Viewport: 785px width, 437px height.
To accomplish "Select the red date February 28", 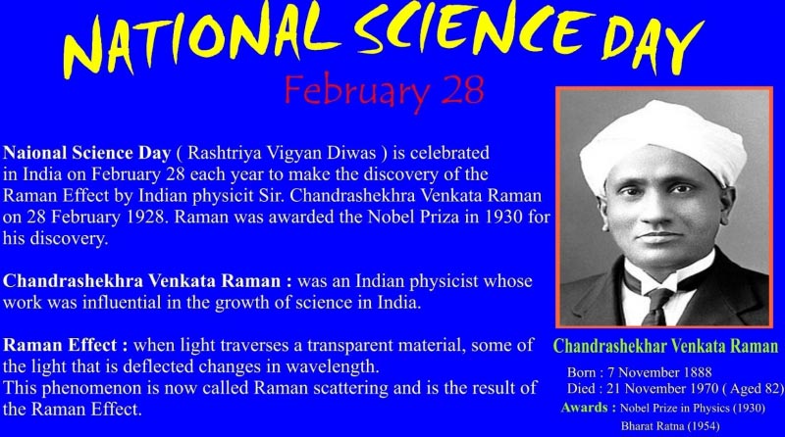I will [x=384, y=89].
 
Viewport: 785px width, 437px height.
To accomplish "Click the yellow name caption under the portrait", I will [x=665, y=346].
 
